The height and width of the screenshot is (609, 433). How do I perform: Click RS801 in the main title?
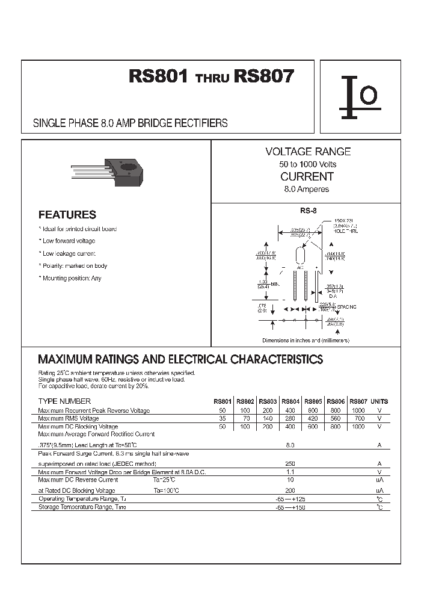pyautogui.click(x=159, y=78)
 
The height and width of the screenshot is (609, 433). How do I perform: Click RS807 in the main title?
pyautogui.click(x=265, y=78)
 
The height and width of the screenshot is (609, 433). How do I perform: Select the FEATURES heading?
pyautogui.click(x=67, y=215)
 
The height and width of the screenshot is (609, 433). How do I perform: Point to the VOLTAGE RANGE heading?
pyautogui.click(x=308, y=152)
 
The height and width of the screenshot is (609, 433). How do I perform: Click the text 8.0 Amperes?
pyautogui.click(x=307, y=189)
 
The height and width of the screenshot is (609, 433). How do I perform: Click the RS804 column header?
pyautogui.click(x=290, y=401)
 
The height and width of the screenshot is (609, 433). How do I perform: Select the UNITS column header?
pyautogui.click(x=379, y=401)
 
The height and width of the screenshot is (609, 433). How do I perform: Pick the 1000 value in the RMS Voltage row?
pyautogui.click(x=359, y=410)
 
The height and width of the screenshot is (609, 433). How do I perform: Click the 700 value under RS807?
pyautogui.click(x=359, y=418)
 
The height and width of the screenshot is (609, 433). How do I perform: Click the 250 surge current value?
pyautogui.click(x=290, y=464)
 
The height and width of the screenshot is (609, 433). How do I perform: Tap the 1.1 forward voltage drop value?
pyautogui.click(x=290, y=472)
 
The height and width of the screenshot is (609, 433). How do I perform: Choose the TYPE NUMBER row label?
pyautogui.click(x=64, y=401)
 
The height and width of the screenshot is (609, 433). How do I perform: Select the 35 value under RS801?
pyautogui.click(x=223, y=418)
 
